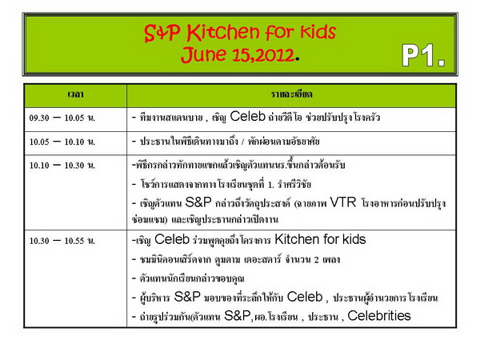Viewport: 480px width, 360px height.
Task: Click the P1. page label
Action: (423, 55)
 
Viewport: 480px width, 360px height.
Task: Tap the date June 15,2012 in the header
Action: (238, 54)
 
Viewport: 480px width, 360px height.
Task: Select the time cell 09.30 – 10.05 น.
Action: (62, 118)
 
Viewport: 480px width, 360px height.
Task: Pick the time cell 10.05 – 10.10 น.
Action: (62, 142)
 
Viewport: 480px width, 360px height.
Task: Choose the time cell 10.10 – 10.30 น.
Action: (62, 166)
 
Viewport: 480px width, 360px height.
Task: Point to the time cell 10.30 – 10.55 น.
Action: (62, 241)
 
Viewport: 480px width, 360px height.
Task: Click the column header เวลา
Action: (75, 94)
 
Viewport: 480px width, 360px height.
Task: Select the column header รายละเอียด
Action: (291, 94)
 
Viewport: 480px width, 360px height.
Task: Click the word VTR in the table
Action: (343, 202)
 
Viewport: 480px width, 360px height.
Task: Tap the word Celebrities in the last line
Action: (379, 316)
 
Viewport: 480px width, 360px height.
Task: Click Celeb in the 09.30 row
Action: (248, 117)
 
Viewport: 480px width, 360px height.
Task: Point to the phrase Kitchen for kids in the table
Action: (320, 239)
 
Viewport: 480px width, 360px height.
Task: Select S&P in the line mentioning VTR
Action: (198, 202)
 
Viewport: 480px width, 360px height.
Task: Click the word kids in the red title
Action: (318, 32)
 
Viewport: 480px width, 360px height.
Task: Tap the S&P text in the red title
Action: (162, 33)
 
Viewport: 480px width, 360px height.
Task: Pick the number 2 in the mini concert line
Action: (316, 260)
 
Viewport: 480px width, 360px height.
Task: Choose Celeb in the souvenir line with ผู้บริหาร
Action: (305, 297)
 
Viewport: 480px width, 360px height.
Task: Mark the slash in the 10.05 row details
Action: (242, 142)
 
